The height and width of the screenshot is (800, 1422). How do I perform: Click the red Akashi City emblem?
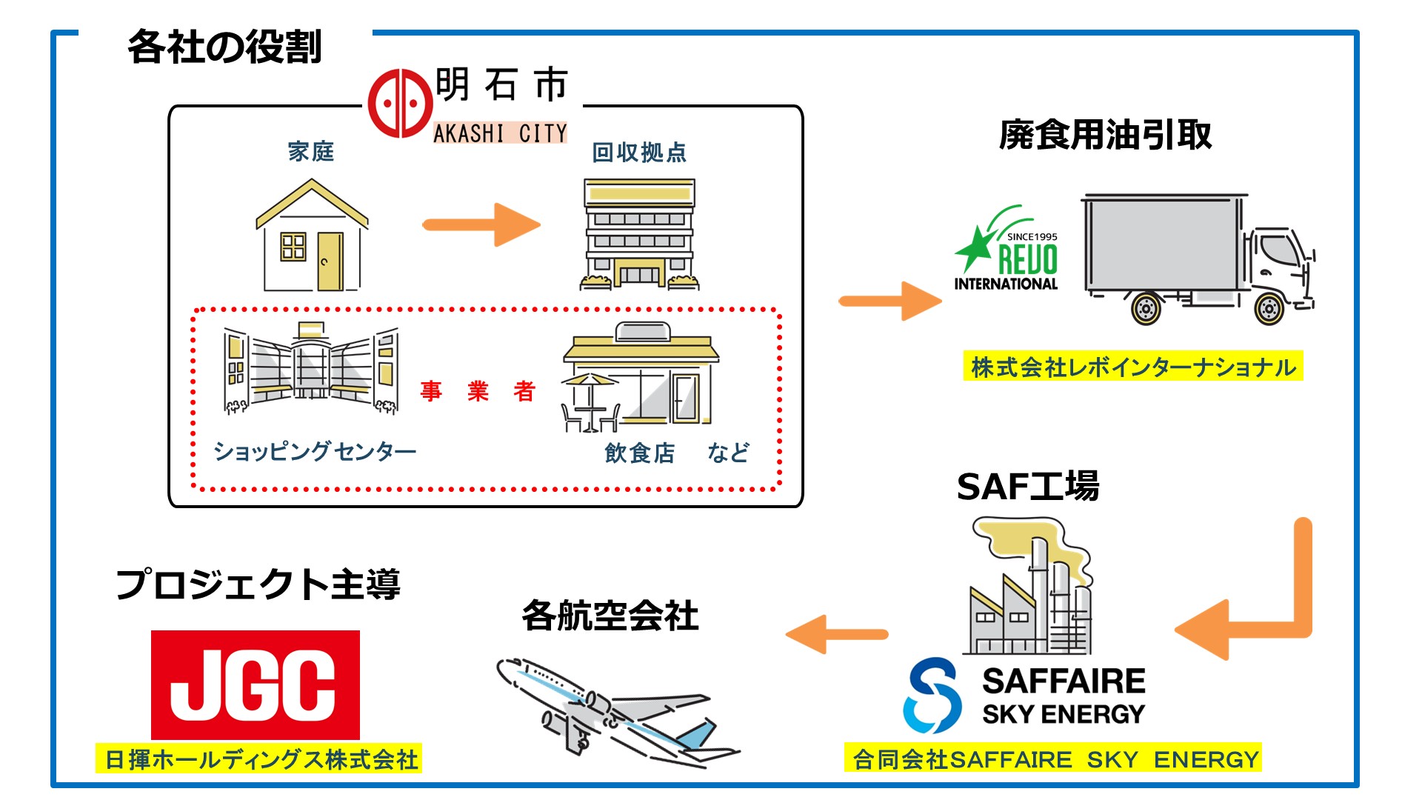tap(400, 103)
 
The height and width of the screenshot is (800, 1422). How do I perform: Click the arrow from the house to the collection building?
tap(481, 224)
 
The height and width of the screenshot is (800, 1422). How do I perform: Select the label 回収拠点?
tap(638, 153)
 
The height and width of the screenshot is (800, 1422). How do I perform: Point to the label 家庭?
tap(311, 152)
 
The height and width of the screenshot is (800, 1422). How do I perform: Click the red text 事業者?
tap(478, 391)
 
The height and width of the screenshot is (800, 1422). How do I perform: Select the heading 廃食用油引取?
tap(1104, 135)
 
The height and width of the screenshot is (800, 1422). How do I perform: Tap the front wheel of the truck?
tap(1269, 308)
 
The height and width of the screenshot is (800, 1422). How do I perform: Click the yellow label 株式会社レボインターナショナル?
tap(1132, 367)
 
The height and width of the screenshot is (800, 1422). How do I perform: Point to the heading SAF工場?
tap(1027, 487)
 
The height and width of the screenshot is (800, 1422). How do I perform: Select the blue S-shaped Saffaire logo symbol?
tap(932, 695)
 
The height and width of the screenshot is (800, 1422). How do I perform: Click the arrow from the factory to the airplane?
tap(837, 634)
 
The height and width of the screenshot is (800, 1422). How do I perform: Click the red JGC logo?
tap(256, 684)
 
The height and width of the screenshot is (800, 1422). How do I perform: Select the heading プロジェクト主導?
tap(258, 584)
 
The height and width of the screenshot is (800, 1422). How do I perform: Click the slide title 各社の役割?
tap(224, 47)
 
